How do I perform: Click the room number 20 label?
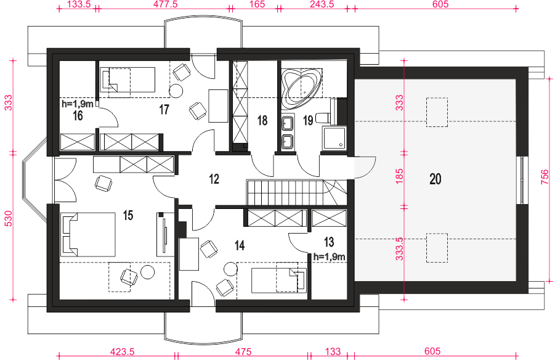click(435, 179)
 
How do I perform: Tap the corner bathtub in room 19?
click(301, 86)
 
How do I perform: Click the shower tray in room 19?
click(333, 137)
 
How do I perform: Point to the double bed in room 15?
click(88, 234)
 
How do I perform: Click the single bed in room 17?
click(128, 80)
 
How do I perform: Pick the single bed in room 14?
click(279, 280)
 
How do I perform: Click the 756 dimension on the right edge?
click(545, 177)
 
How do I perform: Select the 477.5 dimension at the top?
click(165, 4)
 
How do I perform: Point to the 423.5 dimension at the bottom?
click(122, 352)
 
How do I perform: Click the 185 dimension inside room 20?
click(399, 176)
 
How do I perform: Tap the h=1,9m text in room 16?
click(78, 104)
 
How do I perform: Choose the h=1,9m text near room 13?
click(329, 257)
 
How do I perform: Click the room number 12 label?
click(214, 179)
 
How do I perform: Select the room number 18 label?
click(262, 120)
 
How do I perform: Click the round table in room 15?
click(148, 272)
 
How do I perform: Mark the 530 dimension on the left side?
click(9, 218)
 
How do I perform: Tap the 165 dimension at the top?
click(257, 4)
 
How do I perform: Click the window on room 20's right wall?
click(522, 180)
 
